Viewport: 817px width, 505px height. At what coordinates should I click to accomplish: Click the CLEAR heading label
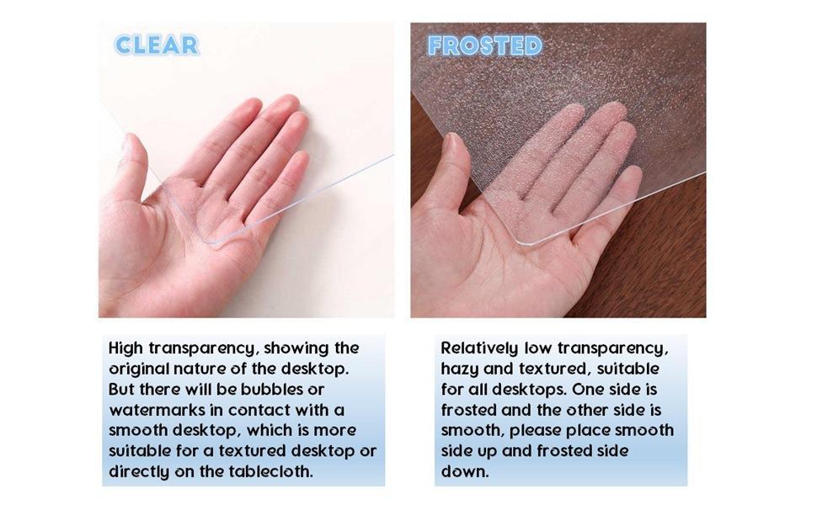[x=157, y=45]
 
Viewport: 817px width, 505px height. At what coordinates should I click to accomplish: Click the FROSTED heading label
[x=485, y=45]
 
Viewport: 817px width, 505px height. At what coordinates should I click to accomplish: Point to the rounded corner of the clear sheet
[x=207, y=241]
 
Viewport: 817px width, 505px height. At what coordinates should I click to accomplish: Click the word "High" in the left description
[x=125, y=348]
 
